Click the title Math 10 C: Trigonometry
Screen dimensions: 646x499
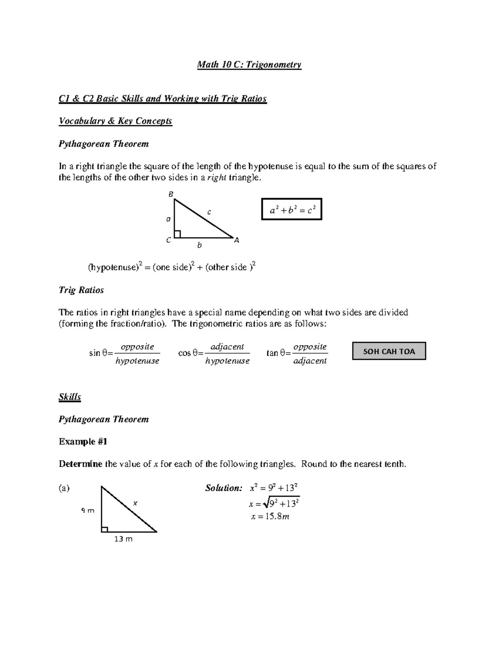(x=249, y=64)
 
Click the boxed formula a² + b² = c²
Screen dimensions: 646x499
(x=291, y=209)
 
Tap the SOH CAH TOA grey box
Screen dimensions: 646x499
(x=389, y=351)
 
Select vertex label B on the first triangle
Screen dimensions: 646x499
(x=170, y=194)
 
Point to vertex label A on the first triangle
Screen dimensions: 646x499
(x=237, y=240)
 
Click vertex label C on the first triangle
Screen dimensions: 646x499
(x=168, y=240)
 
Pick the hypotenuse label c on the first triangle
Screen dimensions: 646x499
(x=209, y=212)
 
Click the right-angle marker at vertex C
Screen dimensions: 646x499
(x=178, y=234)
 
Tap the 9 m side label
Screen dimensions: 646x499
(x=88, y=510)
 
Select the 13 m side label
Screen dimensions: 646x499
(x=123, y=539)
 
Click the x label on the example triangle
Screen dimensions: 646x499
(x=135, y=503)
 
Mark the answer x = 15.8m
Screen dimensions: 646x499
(x=270, y=517)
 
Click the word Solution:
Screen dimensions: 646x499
(x=223, y=488)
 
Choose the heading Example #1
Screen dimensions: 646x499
(x=83, y=441)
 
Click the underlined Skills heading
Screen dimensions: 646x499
(x=70, y=396)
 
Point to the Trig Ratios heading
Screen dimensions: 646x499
(x=81, y=290)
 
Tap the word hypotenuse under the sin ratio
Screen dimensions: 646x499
(x=137, y=361)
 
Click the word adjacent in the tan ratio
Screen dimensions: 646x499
(x=310, y=361)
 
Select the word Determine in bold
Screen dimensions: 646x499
(x=80, y=464)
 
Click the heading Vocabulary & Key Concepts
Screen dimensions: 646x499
(x=115, y=121)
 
